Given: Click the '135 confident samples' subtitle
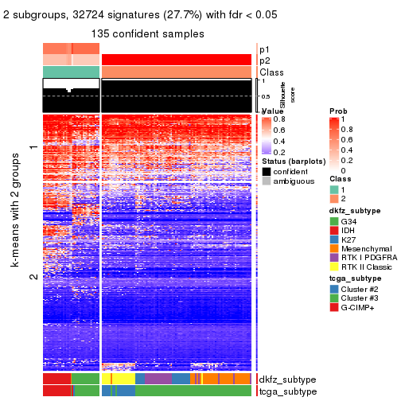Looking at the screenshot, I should pyautogui.click(x=148, y=33).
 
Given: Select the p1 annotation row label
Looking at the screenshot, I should pyautogui.click(x=265, y=49).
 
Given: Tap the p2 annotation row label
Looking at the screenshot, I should pyautogui.click(x=265, y=60).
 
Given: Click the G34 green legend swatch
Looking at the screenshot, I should pyautogui.click(x=334, y=220).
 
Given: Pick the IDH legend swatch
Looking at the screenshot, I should pyautogui.click(x=334, y=232).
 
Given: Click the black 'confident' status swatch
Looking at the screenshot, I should pyautogui.click(x=267, y=172).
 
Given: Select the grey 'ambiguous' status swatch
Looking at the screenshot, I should pyautogui.click(x=267, y=182).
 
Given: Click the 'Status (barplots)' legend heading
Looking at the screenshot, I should pyautogui.click(x=292, y=162).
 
